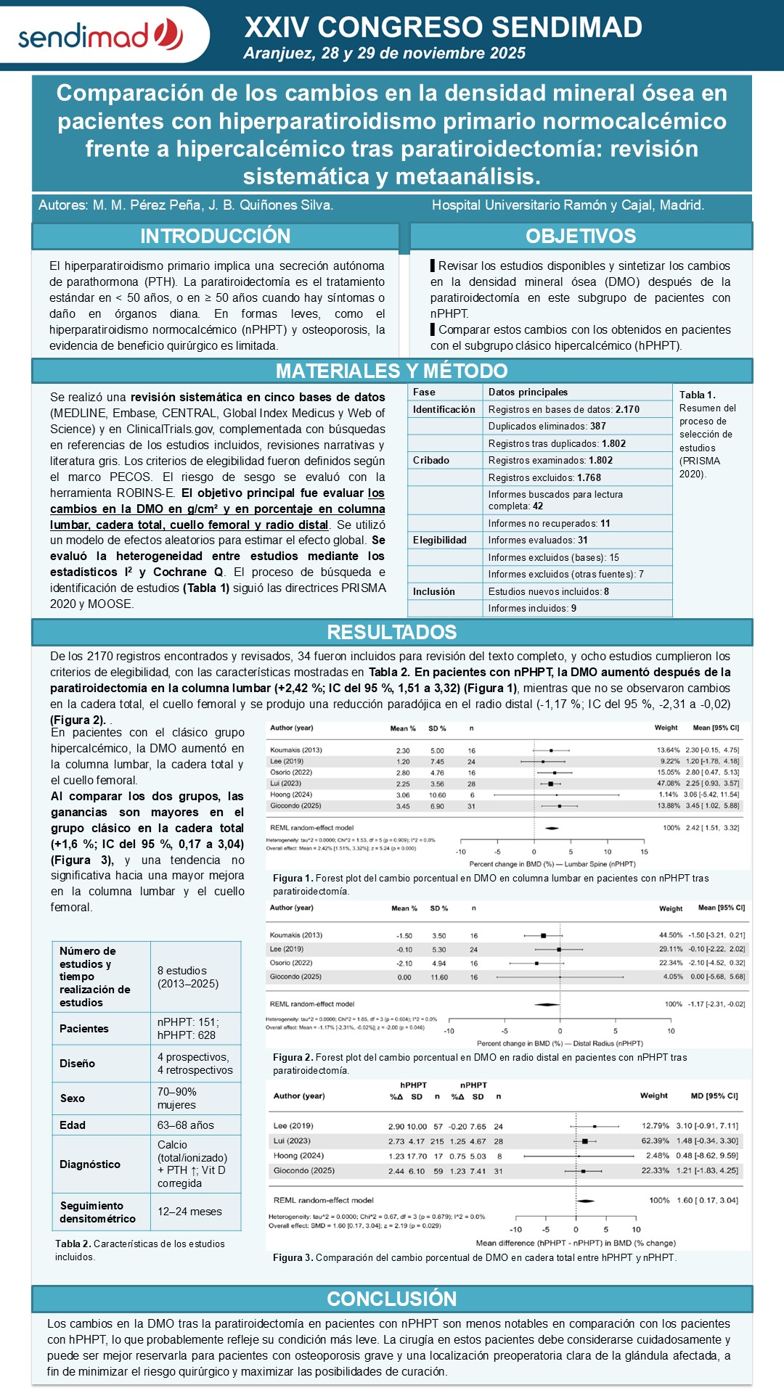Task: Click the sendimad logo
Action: click(101, 35)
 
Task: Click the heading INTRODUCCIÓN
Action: click(215, 237)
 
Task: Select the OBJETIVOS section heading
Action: click(581, 237)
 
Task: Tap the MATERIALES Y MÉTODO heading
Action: click(392, 371)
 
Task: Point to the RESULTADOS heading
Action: click(392, 632)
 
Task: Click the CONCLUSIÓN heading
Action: click(392, 1299)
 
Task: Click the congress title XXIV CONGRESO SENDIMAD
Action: click(443, 28)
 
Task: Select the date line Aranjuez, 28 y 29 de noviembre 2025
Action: click(385, 53)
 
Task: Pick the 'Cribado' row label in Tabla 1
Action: click(431, 461)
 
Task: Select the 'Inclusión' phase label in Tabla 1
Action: click(434, 592)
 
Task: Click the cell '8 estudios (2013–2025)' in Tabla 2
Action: click(188, 977)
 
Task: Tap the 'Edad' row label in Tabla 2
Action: click(73, 1125)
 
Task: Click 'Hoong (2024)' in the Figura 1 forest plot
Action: click(291, 794)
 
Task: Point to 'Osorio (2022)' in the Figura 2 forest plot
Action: click(291, 963)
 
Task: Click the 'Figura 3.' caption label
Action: click(293, 1257)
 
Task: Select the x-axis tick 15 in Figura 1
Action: click(644, 852)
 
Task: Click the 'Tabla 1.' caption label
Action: click(697, 395)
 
